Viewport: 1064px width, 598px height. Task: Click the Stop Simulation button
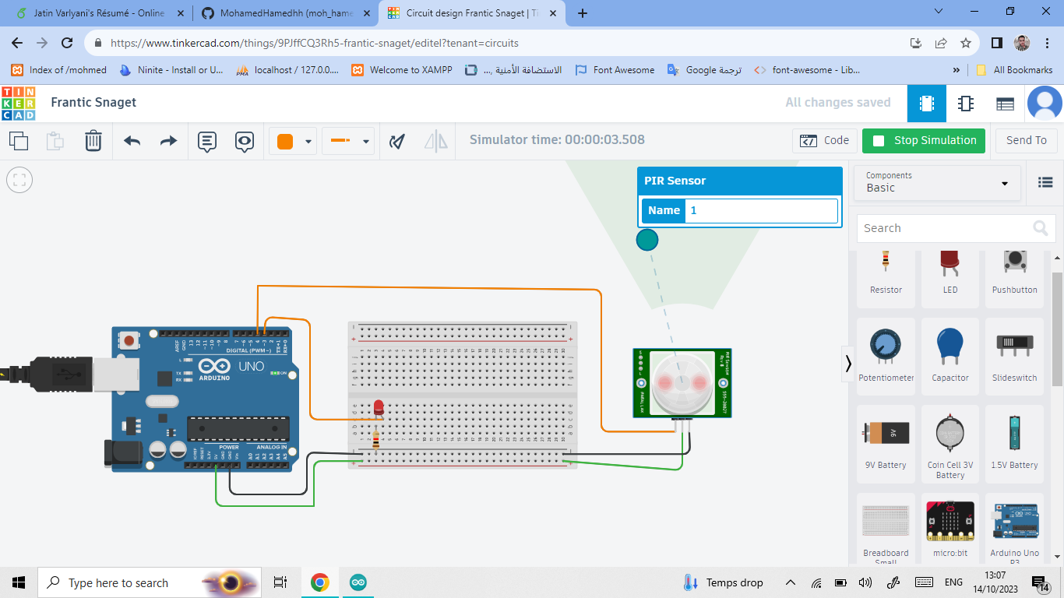click(923, 141)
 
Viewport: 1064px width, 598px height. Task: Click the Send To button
click(1026, 141)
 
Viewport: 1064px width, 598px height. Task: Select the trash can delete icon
click(93, 141)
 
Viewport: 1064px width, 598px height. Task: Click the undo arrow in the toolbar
click(132, 141)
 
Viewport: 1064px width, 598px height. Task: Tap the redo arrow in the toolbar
click(168, 141)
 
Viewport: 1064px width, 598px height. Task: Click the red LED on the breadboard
click(379, 407)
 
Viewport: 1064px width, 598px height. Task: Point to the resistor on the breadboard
click(377, 441)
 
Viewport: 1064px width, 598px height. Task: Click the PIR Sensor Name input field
click(760, 211)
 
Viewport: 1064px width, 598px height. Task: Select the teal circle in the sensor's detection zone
click(647, 240)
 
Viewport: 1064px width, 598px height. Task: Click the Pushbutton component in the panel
click(1014, 269)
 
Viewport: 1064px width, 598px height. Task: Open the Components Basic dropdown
click(937, 182)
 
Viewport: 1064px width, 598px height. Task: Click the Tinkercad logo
click(18, 103)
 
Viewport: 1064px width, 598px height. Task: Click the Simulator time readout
click(557, 140)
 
